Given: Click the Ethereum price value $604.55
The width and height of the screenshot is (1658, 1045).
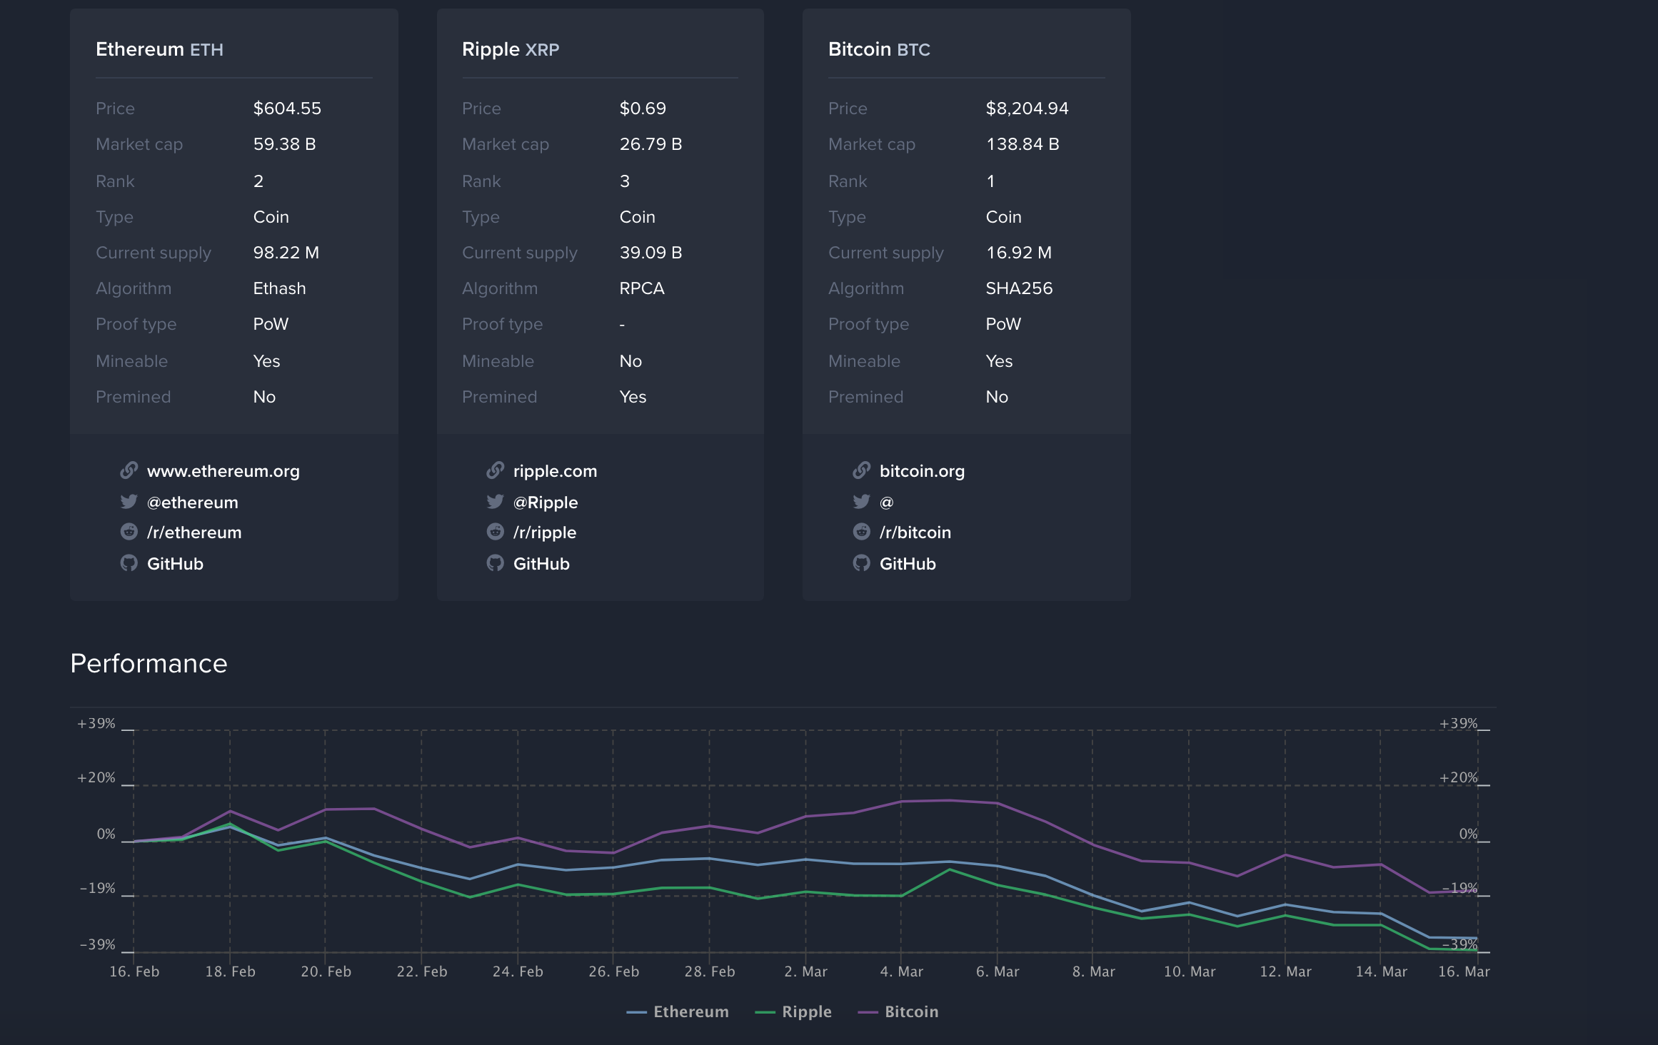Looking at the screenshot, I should (x=287, y=108).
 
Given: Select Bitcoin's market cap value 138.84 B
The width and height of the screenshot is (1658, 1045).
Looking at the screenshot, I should (x=1022, y=144).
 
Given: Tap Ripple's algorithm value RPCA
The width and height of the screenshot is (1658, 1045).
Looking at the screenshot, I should (x=641, y=288).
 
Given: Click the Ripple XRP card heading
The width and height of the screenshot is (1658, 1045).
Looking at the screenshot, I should (x=511, y=49).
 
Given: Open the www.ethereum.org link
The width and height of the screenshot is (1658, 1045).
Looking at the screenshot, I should (x=223, y=471).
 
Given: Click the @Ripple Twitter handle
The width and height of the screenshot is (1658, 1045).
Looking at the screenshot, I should (x=545, y=503).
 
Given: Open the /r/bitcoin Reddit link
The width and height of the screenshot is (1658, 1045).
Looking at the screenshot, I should (x=915, y=532).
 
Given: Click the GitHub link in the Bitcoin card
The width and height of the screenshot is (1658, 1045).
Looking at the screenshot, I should (x=907, y=564).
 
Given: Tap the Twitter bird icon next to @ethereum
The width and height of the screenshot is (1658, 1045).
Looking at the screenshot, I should (x=129, y=502).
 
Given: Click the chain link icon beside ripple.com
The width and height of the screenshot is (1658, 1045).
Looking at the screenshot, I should (x=495, y=470).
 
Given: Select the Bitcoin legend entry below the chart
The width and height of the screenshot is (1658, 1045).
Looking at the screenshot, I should (x=899, y=1011).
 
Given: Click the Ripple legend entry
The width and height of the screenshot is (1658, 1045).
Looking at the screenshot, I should (x=794, y=1011).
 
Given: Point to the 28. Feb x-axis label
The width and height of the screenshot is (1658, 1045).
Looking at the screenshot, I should (x=709, y=971).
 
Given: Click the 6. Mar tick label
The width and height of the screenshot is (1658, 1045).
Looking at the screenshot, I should (x=997, y=971).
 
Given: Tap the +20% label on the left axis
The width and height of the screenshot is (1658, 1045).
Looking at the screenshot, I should (x=96, y=778).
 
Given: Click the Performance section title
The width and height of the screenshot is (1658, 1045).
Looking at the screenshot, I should (x=149, y=664).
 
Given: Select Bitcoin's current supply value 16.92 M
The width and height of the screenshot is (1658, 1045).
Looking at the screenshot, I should (x=1018, y=253).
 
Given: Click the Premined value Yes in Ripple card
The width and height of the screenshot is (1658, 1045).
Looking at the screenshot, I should (x=633, y=397).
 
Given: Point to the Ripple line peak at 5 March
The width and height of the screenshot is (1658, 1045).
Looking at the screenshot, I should (x=950, y=869).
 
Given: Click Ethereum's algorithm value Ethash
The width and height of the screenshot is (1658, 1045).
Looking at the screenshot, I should (x=279, y=288).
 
